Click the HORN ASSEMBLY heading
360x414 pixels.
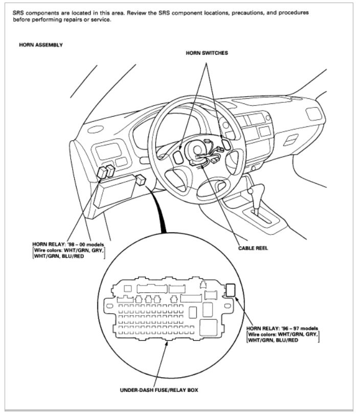coord(40,45)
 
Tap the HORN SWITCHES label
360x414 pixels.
coord(207,53)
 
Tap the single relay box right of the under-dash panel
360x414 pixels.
coord(141,180)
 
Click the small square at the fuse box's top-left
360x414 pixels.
coord(127,289)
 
